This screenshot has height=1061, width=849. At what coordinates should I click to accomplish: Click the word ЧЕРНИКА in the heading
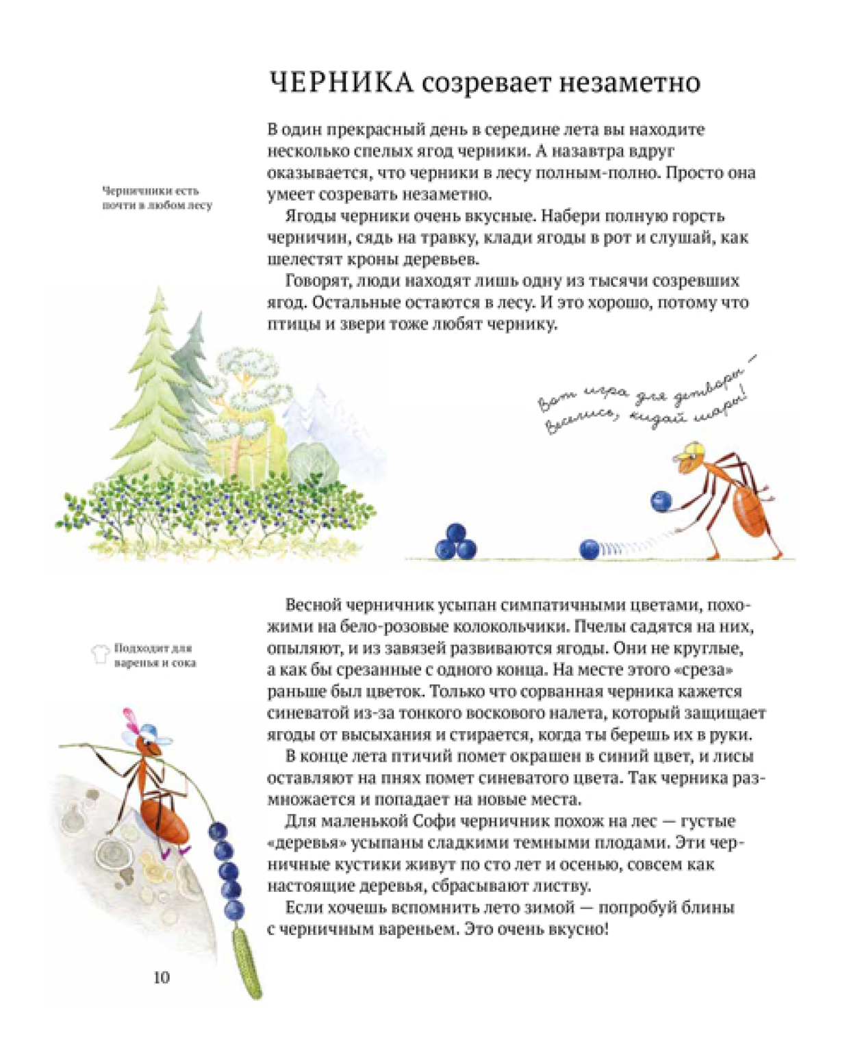(x=340, y=83)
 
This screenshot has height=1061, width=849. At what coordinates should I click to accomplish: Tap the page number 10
(x=162, y=977)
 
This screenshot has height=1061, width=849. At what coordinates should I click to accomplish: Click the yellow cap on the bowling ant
(x=687, y=452)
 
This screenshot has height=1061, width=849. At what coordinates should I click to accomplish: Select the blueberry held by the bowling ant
(x=661, y=501)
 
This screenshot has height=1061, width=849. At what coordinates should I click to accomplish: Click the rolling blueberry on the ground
(x=590, y=549)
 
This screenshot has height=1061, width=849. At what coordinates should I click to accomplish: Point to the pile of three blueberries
(x=455, y=541)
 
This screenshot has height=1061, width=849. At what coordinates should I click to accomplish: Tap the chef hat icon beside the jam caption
(x=101, y=654)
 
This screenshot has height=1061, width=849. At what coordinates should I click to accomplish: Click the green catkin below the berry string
(x=247, y=962)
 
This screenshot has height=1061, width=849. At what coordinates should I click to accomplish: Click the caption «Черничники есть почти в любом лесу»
(x=157, y=198)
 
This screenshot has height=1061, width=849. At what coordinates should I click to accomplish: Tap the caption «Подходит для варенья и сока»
(x=154, y=655)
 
